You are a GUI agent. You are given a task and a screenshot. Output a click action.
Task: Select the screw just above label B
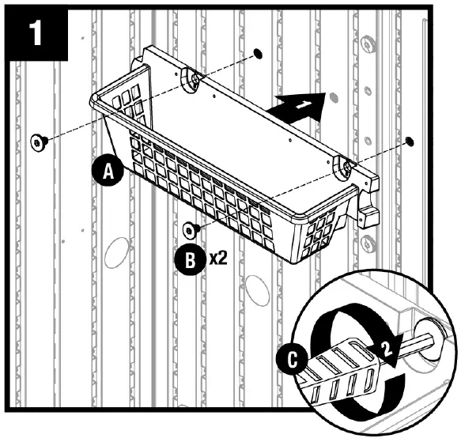point(190,229)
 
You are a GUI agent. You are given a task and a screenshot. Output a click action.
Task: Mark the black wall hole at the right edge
point(408,141)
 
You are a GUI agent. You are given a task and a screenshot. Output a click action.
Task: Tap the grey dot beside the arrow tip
point(334,98)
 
